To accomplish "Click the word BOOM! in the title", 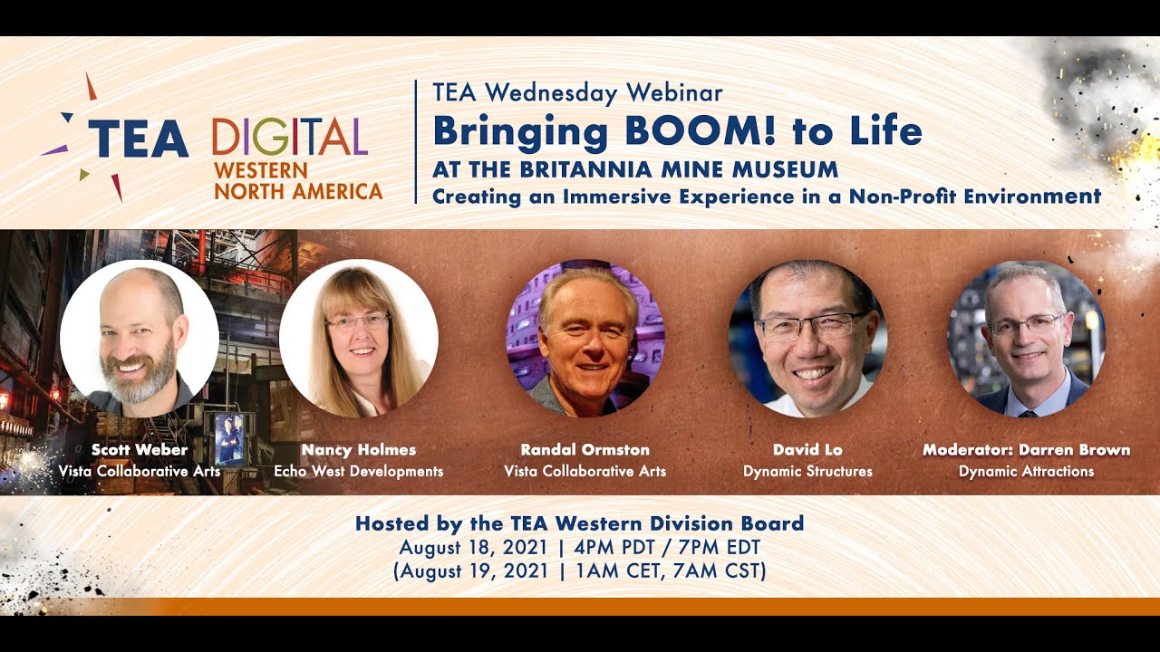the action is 701,131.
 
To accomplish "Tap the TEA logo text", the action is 139,139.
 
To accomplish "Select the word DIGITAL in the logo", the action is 290,137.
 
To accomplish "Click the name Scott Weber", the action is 140,450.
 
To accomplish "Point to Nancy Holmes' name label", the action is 359,450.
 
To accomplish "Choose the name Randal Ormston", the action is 585,450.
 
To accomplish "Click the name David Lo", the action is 807,450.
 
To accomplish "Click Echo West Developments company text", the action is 359,472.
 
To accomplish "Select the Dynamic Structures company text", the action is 807,472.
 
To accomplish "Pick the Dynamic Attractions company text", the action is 1027,472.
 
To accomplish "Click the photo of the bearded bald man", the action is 140,339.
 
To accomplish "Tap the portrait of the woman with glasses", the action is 359,339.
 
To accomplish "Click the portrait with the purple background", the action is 585,339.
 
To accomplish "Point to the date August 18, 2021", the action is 473,548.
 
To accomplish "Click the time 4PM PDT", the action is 614,547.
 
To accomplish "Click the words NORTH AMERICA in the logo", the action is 298,191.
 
